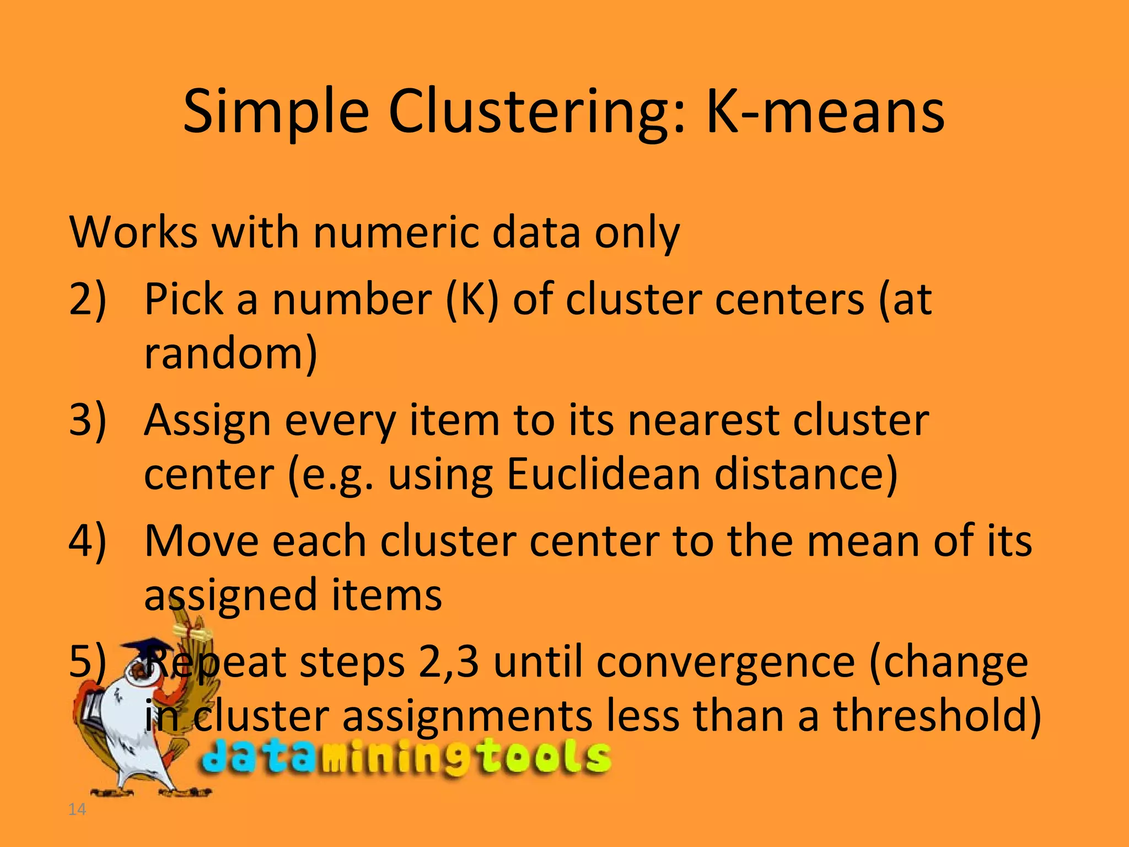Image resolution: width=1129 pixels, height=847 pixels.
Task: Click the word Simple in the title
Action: (276, 113)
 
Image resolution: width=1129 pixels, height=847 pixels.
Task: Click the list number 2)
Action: (88, 299)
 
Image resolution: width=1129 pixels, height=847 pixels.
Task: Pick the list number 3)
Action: (88, 420)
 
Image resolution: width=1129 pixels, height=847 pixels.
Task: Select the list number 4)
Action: (88, 542)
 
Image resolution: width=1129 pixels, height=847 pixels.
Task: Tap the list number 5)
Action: (88, 662)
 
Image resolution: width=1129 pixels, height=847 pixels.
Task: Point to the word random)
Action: (230, 353)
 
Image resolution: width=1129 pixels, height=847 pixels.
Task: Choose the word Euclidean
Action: (603, 474)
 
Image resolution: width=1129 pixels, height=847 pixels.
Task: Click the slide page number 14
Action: (77, 810)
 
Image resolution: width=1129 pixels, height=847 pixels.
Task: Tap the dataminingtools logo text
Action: (407, 757)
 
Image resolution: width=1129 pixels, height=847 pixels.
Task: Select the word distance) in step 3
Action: (806, 474)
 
